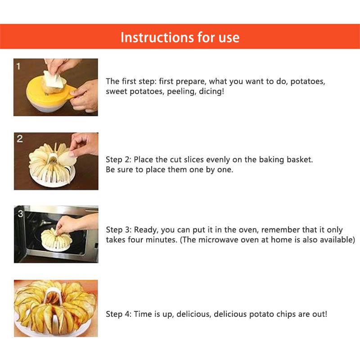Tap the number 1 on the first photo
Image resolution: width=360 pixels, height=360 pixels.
tap(18, 66)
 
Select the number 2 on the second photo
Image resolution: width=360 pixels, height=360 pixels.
tap(20, 139)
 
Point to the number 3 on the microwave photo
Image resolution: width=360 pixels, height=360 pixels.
tap(20, 213)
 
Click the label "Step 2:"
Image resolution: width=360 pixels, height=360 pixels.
tap(118, 160)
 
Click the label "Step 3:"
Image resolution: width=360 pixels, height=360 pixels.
tap(118, 229)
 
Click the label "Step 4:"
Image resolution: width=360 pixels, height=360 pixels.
tap(118, 314)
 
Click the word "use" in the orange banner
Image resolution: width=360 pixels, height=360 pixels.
tap(229, 38)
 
